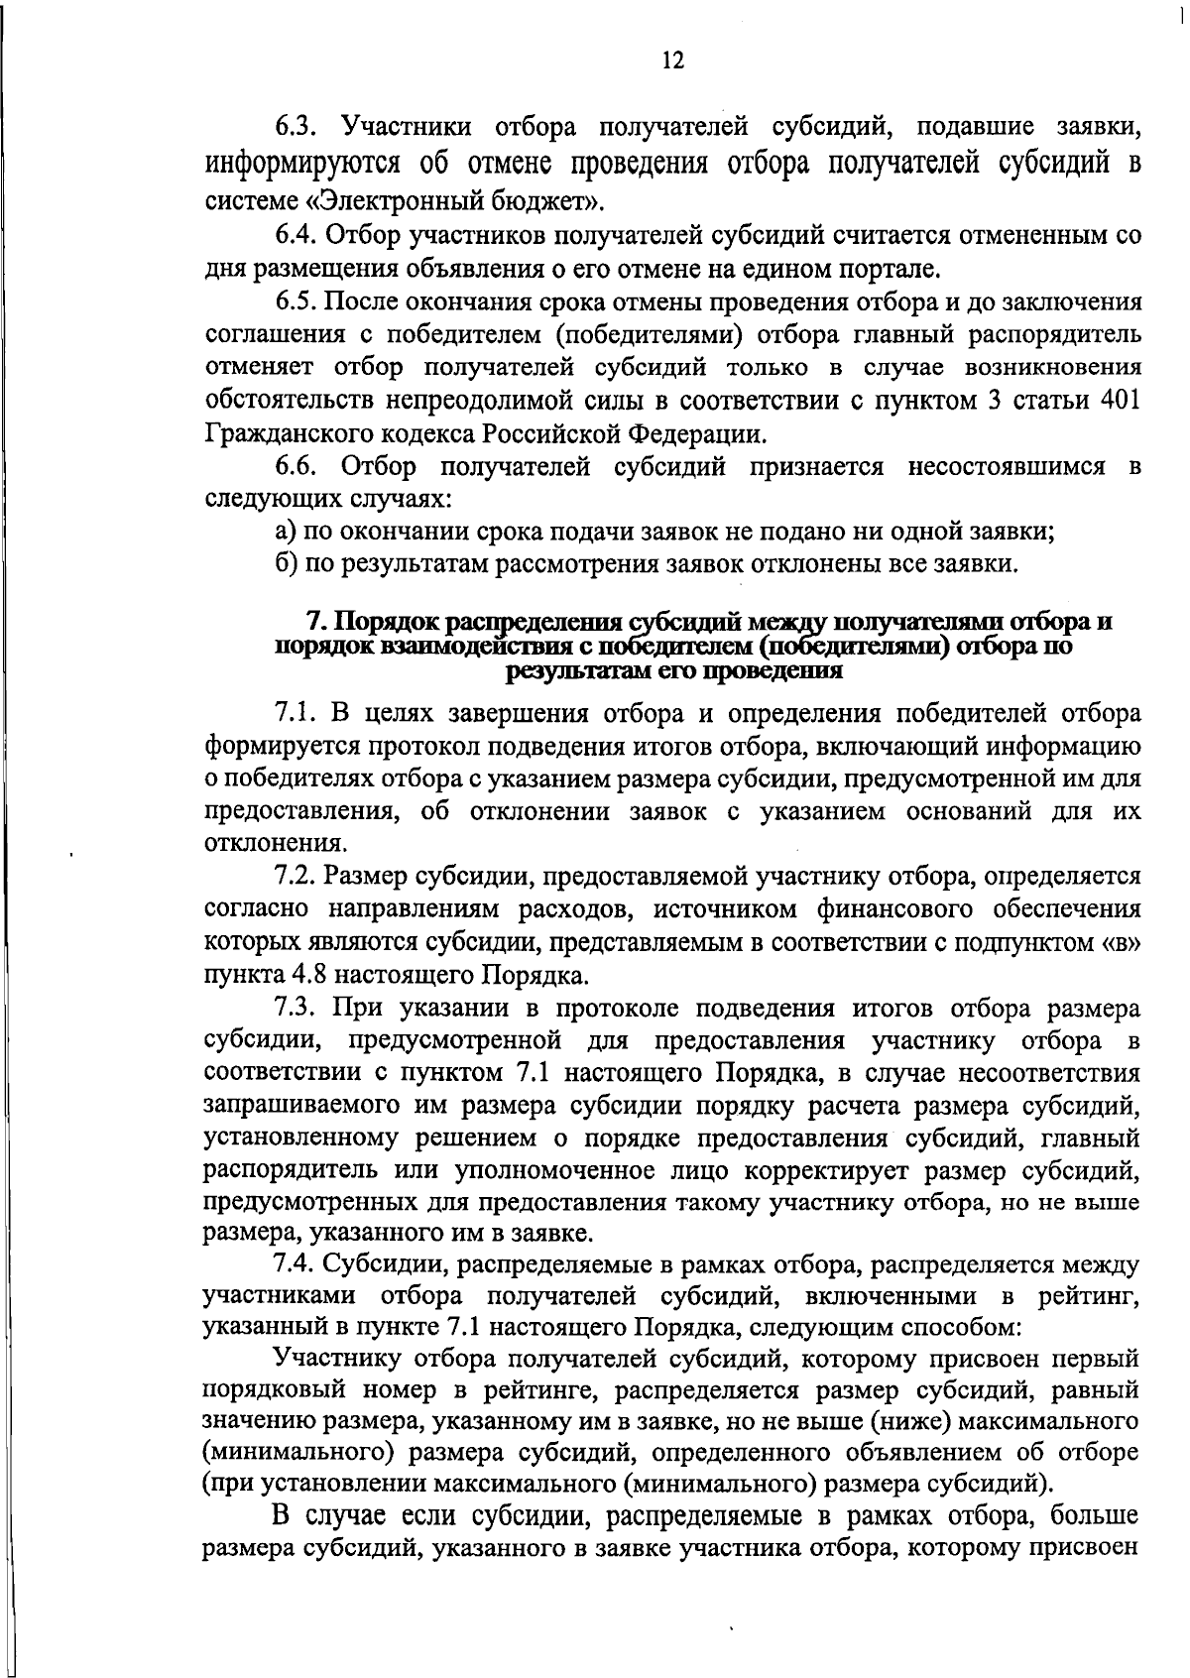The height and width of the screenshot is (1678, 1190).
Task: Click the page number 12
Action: click(x=671, y=60)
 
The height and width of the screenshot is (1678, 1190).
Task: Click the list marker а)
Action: click(x=287, y=532)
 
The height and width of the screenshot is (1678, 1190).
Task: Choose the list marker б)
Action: click(x=287, y=565)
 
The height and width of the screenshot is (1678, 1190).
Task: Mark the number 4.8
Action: click(x=307, y=975)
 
